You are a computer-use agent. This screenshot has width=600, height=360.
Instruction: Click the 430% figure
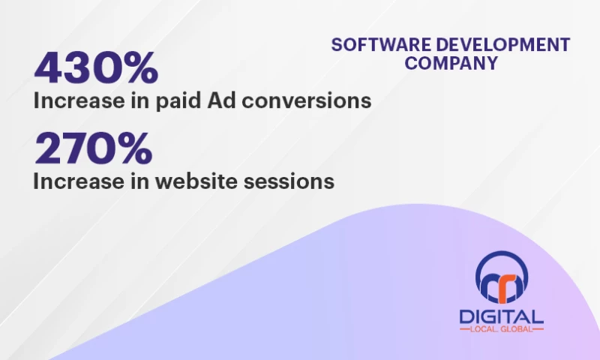(x=96, y=68)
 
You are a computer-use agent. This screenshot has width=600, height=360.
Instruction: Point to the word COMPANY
(x=451, y=63)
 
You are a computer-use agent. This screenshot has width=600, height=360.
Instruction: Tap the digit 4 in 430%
(x=49, y=68)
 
